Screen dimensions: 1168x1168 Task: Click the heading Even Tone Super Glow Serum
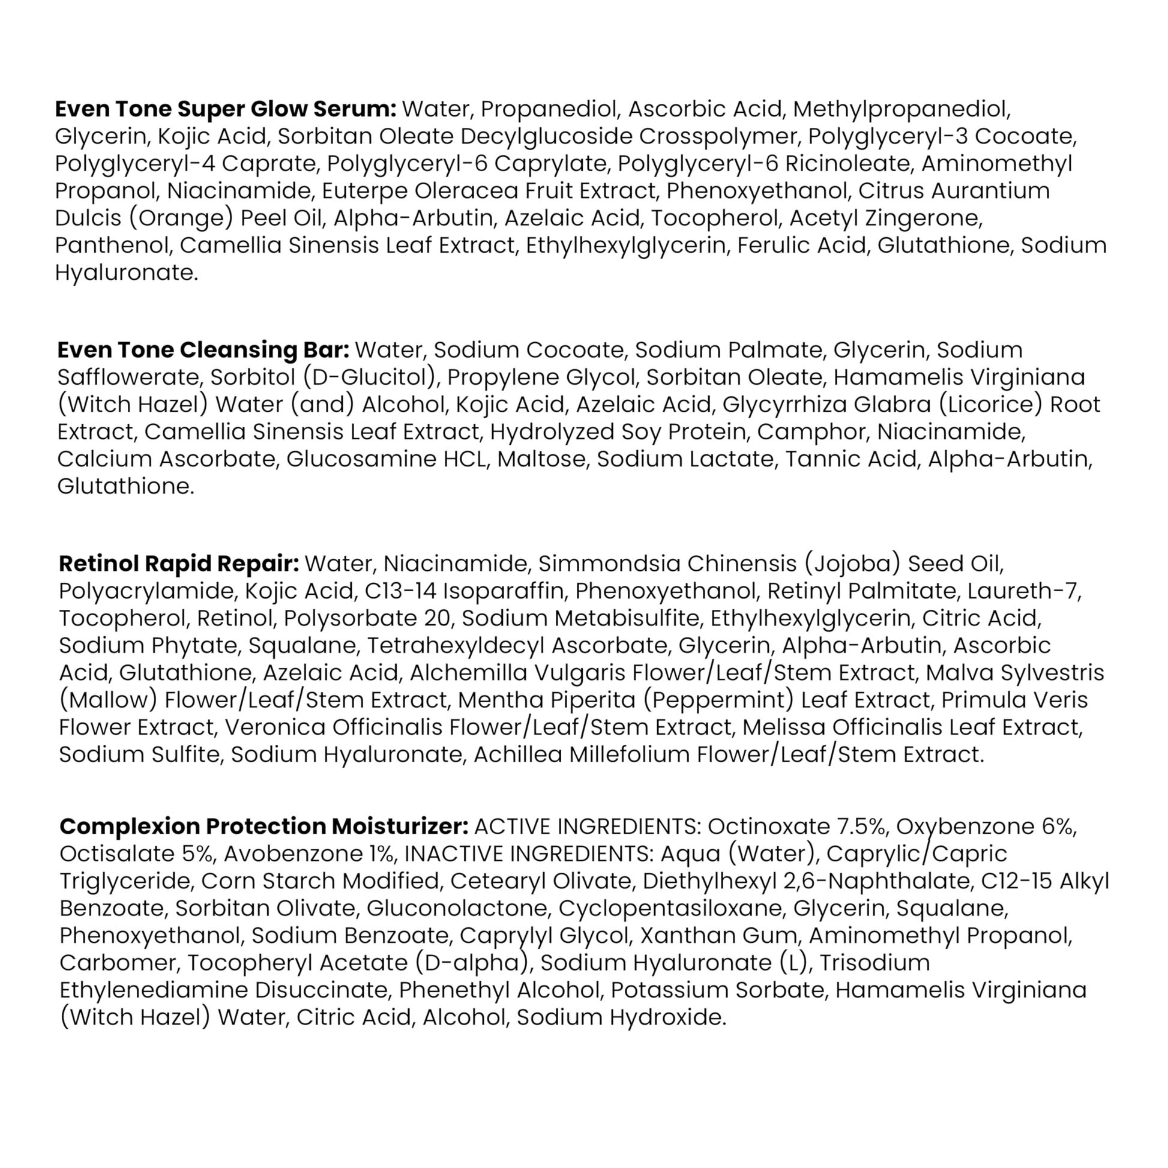point(225,109)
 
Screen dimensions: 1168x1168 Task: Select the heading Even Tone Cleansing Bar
point(203,350)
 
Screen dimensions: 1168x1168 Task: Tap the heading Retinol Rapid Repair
point(179,564)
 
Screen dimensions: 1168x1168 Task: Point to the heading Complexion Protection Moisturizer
point(264,826)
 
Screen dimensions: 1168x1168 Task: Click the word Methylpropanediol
point(902,109)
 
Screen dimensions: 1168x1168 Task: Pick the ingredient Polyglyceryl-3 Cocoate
point(942,137)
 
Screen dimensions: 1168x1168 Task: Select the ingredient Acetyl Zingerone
point(886,218)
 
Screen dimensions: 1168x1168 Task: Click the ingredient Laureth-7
point(1023,591)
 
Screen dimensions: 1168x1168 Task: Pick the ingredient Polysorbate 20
point(367,618)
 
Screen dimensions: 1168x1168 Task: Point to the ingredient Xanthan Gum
point(719,936)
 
